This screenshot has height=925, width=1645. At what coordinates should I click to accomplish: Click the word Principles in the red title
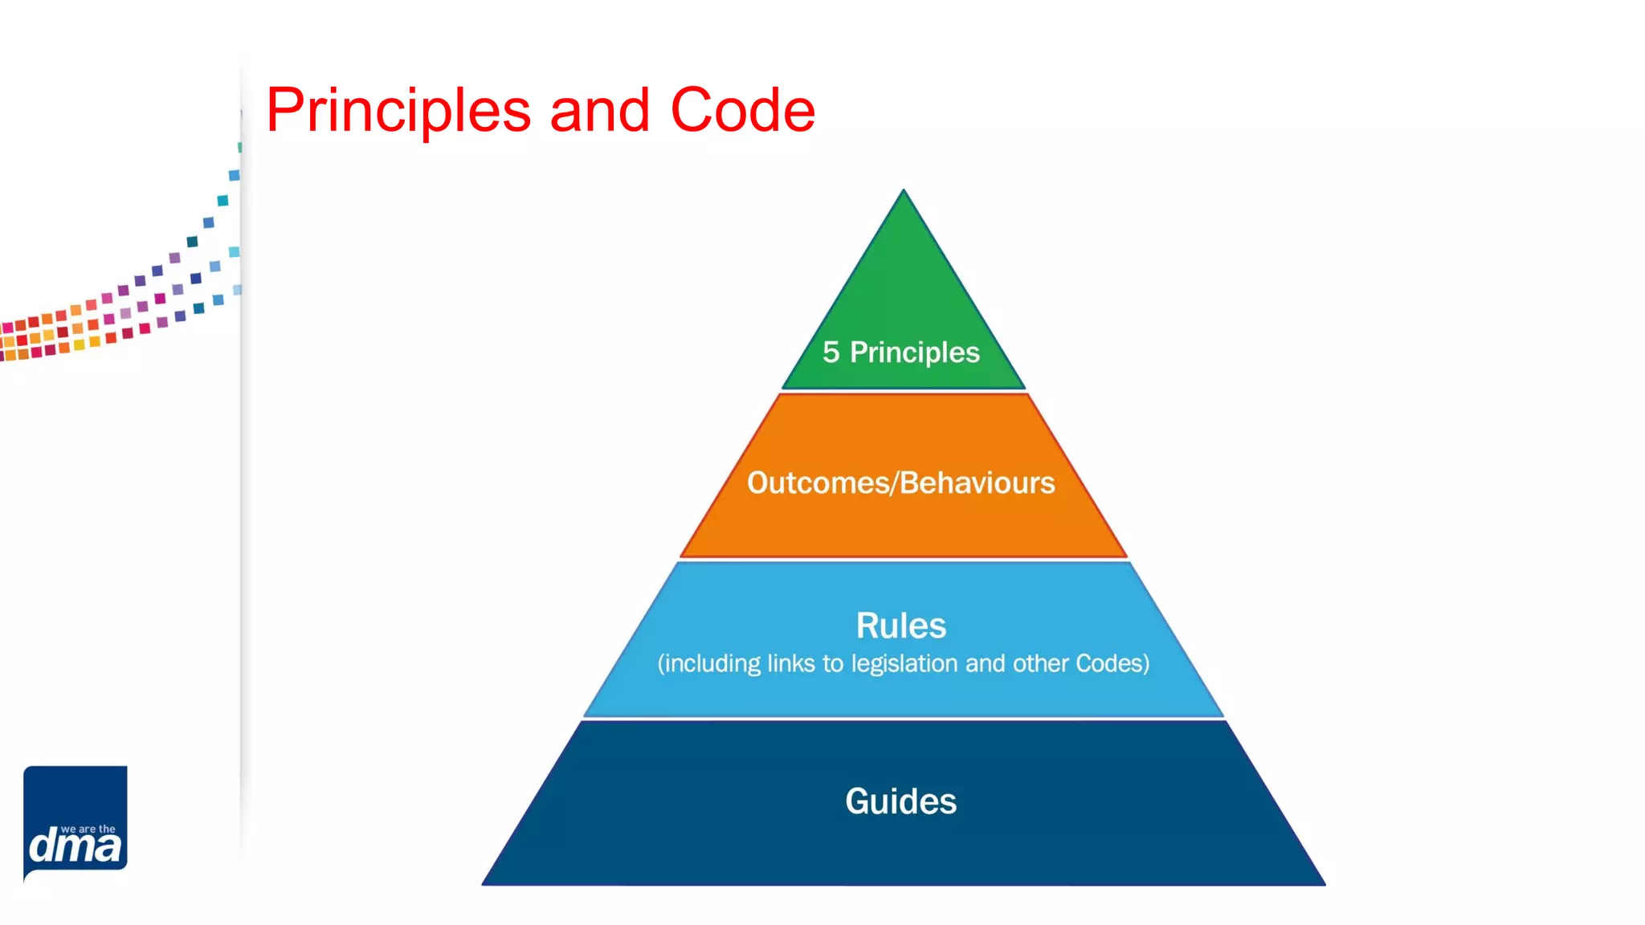398,111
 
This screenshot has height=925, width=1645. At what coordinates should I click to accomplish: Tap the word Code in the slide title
742,110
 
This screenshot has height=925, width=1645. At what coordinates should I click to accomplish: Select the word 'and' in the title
599,110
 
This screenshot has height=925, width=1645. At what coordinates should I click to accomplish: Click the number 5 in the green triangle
831,352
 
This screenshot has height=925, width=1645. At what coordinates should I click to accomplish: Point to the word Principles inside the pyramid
914,352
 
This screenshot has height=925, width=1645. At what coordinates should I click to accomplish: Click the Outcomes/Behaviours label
900,483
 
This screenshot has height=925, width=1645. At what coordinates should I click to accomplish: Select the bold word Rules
900,625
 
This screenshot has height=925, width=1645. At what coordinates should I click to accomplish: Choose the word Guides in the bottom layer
900,801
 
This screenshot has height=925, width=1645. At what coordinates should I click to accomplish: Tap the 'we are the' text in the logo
88,829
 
